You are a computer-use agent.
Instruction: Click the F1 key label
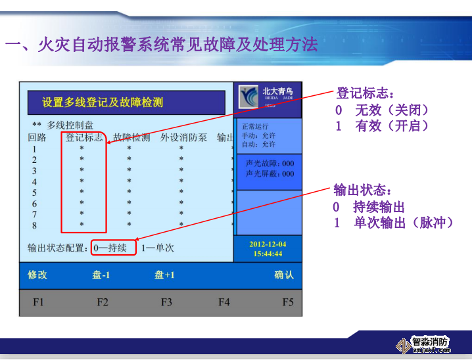38,302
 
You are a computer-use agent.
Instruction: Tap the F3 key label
166,302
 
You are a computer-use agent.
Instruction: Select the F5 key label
288,302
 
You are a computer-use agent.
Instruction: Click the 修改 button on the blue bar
37,275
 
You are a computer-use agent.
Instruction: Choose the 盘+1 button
164,275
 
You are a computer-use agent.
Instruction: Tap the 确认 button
284,275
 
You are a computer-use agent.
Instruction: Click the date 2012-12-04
268,244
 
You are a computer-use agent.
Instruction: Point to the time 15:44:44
268,254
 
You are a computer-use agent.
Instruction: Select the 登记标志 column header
83,138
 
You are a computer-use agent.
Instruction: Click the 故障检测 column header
131,138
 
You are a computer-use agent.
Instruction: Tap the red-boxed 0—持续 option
113,248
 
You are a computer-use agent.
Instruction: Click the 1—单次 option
157,248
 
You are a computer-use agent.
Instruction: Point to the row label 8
34,225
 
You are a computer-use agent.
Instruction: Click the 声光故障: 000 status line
270,164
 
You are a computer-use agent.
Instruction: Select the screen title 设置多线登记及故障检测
103,102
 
